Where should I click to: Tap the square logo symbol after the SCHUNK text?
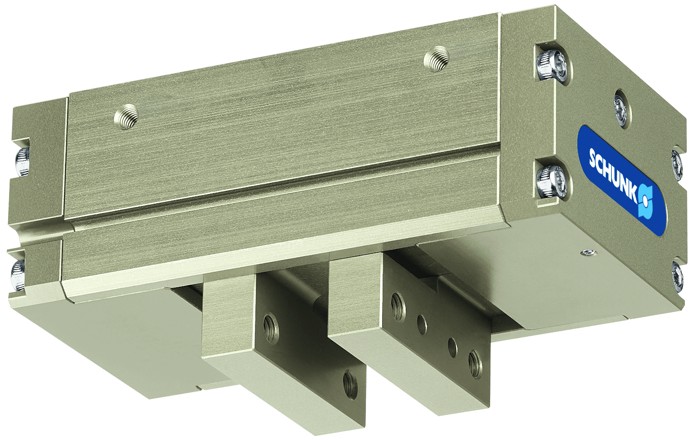646,202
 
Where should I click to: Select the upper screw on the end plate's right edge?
676,163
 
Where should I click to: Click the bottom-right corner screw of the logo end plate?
677,277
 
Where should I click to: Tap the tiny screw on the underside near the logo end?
588,252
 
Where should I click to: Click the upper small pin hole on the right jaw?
421,324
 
